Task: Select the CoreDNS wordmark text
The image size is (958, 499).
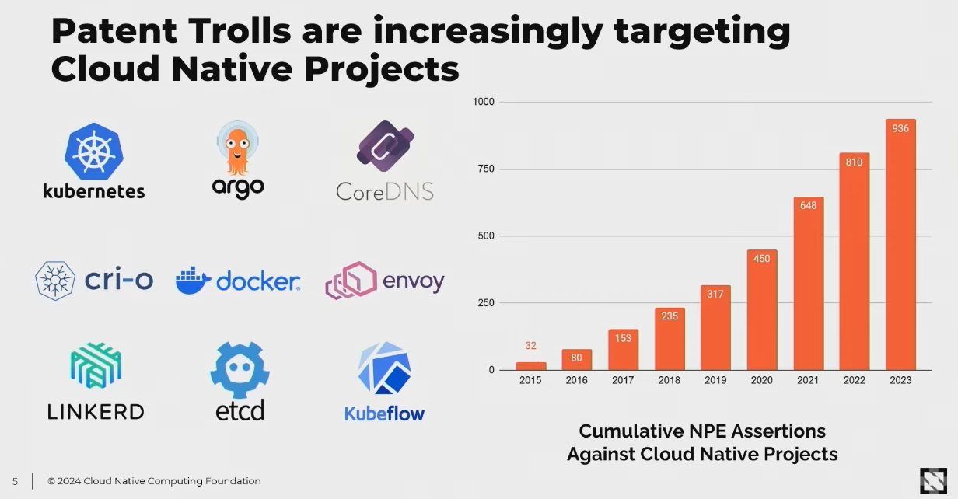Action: (385, 191)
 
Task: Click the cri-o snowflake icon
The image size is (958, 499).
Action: (55, 281)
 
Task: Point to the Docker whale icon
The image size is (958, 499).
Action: (194, 281)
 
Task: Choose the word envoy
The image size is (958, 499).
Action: (413, 281)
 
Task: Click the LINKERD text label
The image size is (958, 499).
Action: (96, 411)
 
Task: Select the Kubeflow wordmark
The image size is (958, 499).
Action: (384, 413)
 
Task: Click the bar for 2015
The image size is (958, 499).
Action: (531, 366)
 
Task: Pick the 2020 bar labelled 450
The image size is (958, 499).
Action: (762, 311)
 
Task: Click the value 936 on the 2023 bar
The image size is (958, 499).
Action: (900, 128)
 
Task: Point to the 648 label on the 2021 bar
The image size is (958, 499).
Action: (808, 206)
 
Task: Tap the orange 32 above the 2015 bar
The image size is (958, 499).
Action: (531, 346)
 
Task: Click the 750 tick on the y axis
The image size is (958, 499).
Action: (485, 169)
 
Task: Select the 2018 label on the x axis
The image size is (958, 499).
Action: (670, 380)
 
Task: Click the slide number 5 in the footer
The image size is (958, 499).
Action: (15, 481)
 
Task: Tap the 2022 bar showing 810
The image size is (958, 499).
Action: (855, 264)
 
